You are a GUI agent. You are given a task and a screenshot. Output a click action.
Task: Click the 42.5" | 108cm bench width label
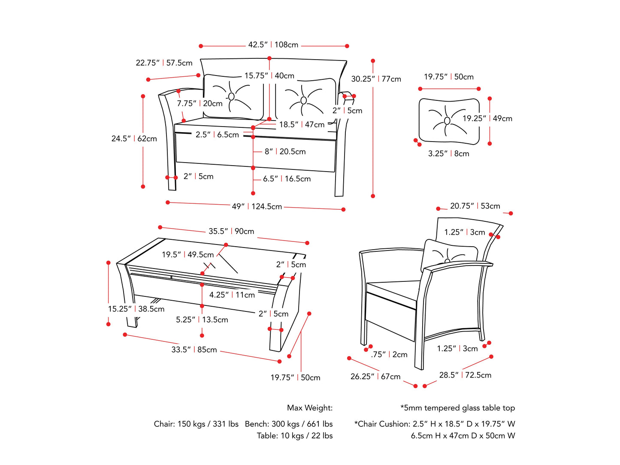pos(273,45)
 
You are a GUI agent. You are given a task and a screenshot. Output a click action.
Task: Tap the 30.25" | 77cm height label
pos(376,79)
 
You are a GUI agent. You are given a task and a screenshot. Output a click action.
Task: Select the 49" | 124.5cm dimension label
pos(257,206)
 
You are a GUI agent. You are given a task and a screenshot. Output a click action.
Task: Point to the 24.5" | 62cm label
pos(134,139)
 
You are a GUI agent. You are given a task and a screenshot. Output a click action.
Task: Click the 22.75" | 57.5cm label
pos(164,63)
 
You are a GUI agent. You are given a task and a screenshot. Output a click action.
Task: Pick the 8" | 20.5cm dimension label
pos(285,151)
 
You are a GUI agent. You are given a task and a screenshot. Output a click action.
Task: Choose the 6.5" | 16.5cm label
pos(287,179)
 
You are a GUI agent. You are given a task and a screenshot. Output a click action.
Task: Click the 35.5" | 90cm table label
pos(231,231)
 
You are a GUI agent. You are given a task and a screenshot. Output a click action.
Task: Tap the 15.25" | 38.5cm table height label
pos(136,309)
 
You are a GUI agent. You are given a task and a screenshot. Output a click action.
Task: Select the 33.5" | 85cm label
pos(194,350)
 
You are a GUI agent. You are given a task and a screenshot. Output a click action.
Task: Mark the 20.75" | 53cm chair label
pos(475,206)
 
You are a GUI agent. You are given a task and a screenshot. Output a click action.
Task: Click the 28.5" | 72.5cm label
pos(465,375)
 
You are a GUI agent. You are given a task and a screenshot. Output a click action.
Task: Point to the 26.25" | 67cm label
pos(375,376)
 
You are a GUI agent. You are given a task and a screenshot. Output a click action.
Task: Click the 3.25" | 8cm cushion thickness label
pos(448,154)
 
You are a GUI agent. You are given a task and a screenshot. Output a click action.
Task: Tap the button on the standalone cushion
pos(447,121)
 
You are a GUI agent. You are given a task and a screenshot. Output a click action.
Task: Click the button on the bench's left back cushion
pos(232,97)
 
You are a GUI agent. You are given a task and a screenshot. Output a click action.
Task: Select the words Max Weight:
pos(310,408)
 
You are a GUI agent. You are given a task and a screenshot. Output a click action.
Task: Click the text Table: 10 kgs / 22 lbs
pos(295,435)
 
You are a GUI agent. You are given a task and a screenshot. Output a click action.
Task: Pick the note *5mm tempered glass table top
pos(457,408)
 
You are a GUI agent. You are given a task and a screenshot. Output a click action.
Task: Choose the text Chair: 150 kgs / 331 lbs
pos(196,424)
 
